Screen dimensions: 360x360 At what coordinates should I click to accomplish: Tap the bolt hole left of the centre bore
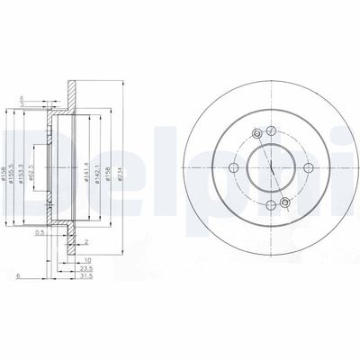pos(232,169)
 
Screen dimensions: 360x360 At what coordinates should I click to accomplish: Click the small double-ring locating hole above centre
pos(257,134)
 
